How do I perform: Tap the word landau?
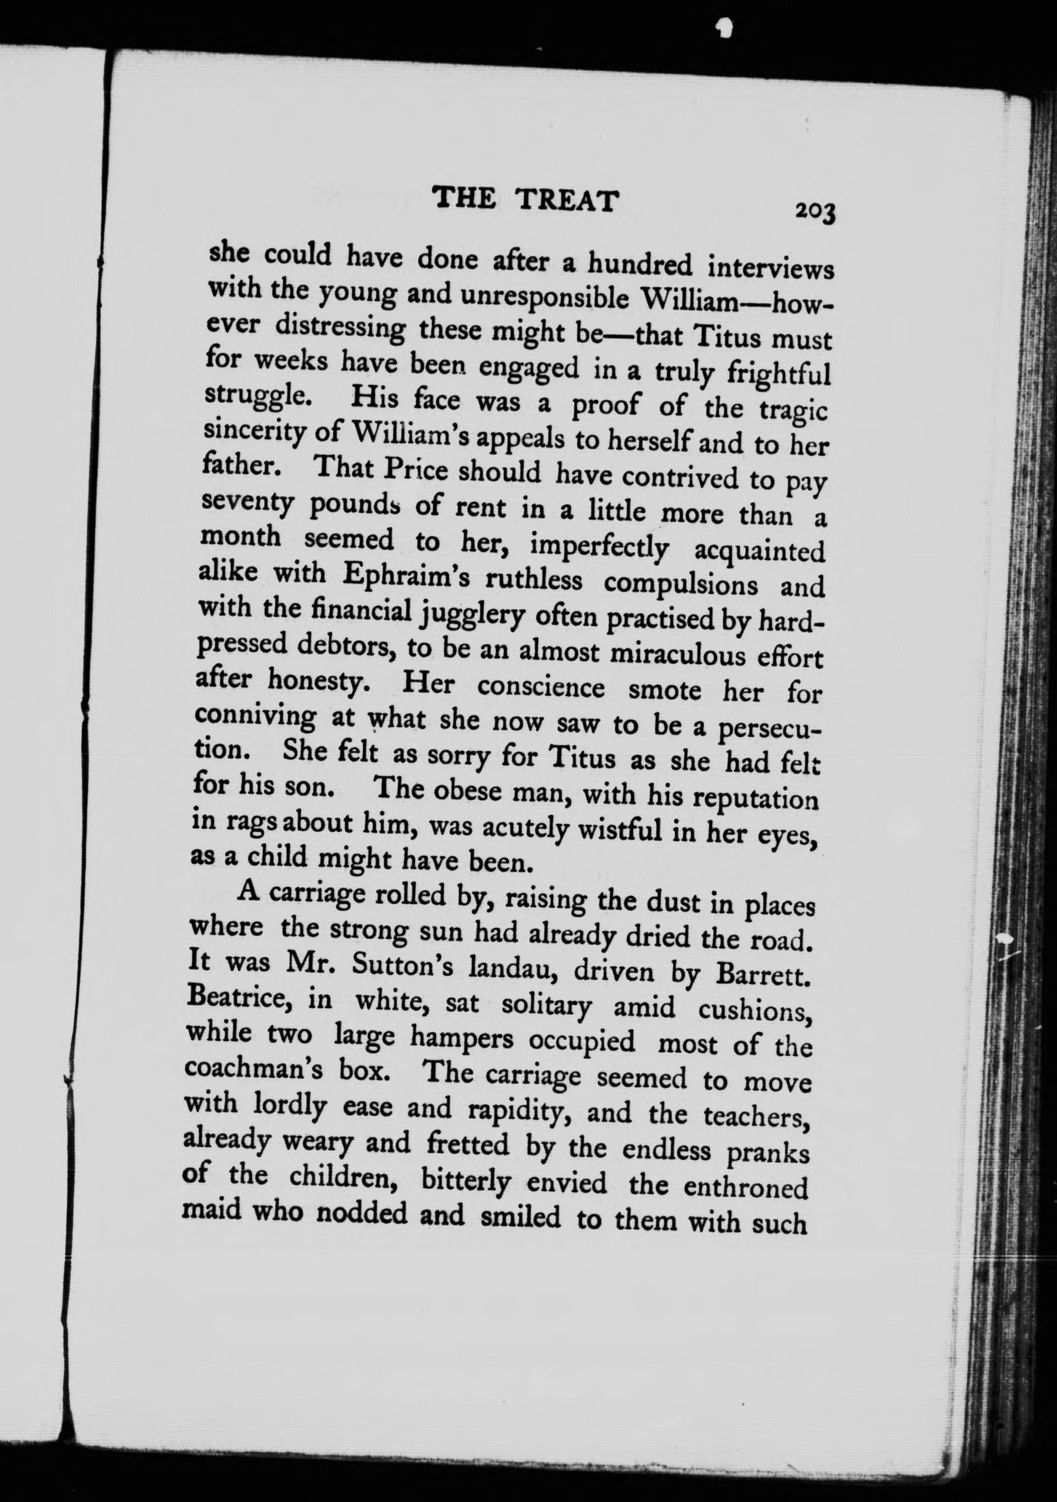tap(510, 971)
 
